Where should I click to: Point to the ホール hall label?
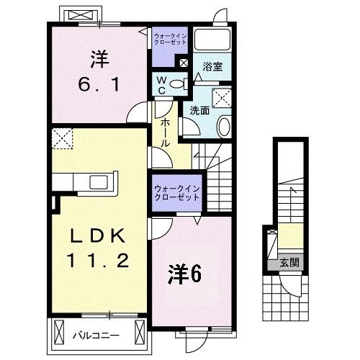click(164, 133)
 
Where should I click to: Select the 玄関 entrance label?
click(289, 261)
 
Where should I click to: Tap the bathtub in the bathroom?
click(212, 41)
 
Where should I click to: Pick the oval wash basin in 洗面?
click(223, 128)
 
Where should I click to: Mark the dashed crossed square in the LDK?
click(63, 137)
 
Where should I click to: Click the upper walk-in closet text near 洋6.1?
click(171, 37)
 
